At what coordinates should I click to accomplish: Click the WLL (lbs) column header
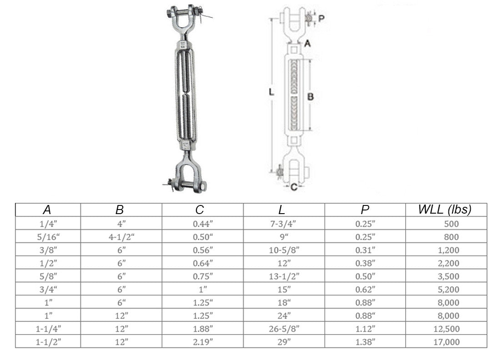click(x=444, y=210)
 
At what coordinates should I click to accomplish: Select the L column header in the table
click(x=282, y=210)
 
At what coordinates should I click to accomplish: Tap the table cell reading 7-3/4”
click(x=283, y=224)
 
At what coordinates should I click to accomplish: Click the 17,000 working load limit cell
click(x=447, y=342)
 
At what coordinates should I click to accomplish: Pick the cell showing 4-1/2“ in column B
click(x=121, y=237)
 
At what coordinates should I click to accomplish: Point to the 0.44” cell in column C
click(x=203, y=224)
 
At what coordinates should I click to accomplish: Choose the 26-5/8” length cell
click(x=284, y=329)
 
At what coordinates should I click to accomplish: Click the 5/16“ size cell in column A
click(x=48, y=237)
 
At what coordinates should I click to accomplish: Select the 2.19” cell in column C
click(x=203, y=342)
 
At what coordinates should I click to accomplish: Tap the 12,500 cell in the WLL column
click(x=447, y=329)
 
